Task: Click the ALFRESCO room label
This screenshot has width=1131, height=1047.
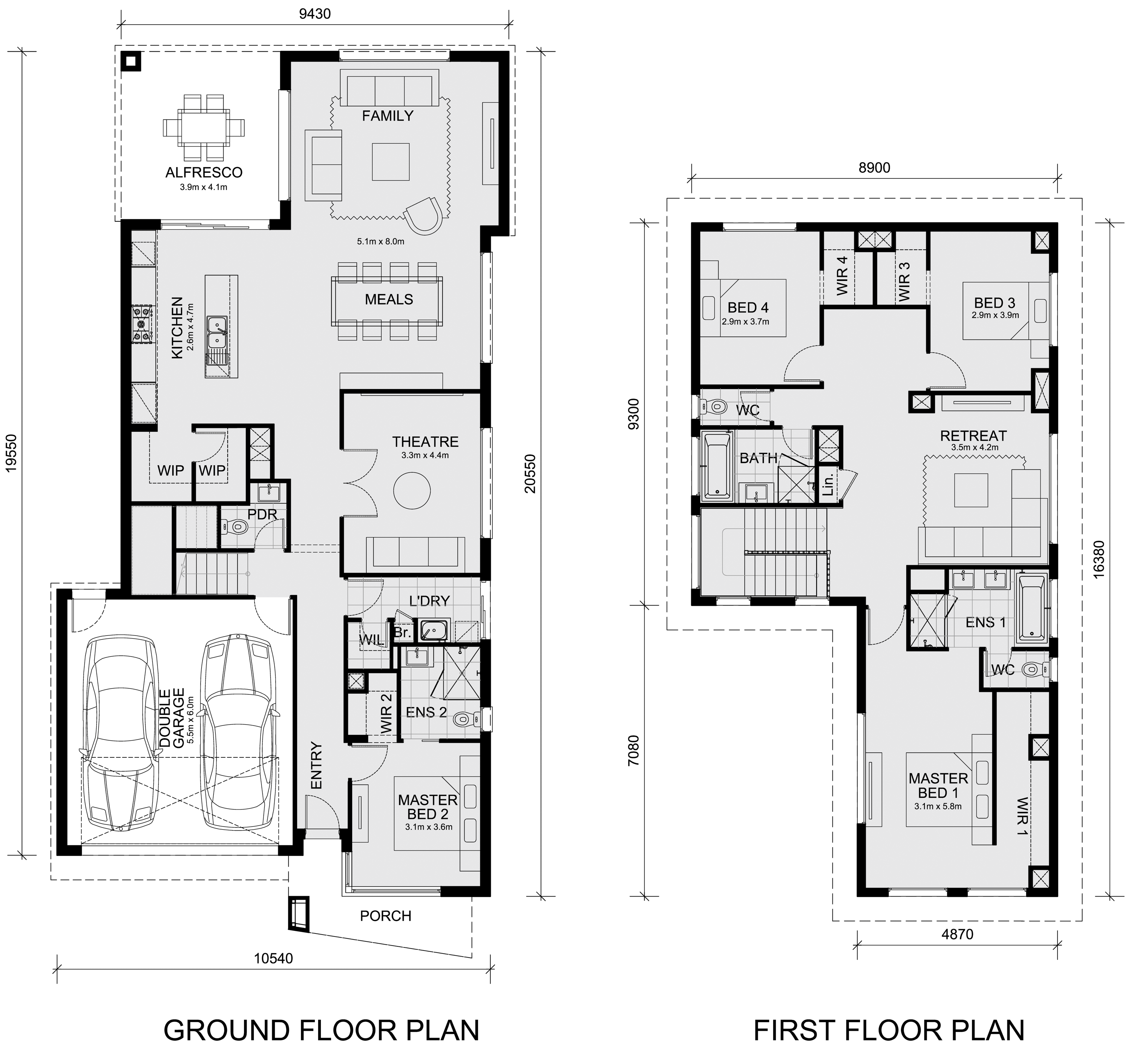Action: click(204, 172)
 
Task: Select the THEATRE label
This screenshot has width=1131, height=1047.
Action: click(426, 441)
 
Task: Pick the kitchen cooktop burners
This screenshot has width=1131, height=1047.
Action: click(142, 324)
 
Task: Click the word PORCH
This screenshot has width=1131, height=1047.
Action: click(385, 915)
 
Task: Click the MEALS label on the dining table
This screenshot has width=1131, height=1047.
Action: click(389, 299)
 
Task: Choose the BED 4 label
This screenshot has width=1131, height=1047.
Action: click(748, 308)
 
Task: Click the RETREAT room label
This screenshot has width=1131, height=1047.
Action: click(973, 436)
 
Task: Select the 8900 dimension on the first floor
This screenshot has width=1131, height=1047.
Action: click(874, 168)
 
